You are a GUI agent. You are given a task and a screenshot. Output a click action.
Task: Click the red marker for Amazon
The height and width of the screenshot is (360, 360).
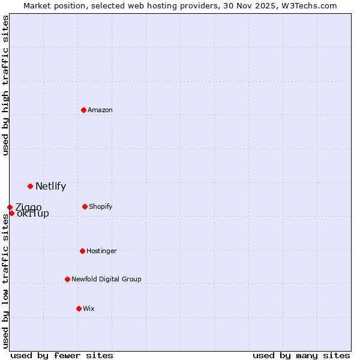[83, 110]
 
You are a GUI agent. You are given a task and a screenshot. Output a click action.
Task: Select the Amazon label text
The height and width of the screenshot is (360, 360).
[100, 110]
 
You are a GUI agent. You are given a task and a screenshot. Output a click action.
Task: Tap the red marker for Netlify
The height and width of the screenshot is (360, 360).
[30, 186]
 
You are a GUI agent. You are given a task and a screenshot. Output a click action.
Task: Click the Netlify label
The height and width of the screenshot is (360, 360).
[50, 186]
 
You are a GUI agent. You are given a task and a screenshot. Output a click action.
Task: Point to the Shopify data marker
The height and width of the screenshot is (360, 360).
[85, 206]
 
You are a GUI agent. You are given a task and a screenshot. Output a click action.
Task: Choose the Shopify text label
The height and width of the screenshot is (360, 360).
[101, 207]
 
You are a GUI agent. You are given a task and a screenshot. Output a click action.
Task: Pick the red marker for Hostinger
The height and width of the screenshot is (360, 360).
[82, 251]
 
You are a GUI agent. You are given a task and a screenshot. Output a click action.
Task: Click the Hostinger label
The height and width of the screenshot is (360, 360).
[101, 251]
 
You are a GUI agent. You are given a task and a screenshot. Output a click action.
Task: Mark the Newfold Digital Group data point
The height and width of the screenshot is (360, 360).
[67, 279]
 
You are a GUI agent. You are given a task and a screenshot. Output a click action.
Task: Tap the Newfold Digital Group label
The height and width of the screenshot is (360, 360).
[106, 280]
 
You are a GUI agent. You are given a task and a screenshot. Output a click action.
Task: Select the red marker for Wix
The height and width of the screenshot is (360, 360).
[79, 308]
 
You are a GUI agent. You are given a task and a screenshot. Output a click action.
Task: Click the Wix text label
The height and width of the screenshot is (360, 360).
[89, 309]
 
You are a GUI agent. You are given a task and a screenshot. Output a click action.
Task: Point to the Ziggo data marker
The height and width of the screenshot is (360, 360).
[10, 207]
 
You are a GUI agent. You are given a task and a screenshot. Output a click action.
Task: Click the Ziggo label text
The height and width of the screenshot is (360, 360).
[29, 207]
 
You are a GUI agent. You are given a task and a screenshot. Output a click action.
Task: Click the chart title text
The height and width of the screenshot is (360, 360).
[180, 5]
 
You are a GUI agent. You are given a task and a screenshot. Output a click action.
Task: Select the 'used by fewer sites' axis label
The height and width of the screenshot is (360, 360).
[62, 355]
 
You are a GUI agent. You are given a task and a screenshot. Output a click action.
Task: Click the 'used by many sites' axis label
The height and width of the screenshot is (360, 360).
[301, 355]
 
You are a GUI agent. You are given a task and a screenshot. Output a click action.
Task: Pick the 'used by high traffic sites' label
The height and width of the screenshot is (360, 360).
[5, 85]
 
